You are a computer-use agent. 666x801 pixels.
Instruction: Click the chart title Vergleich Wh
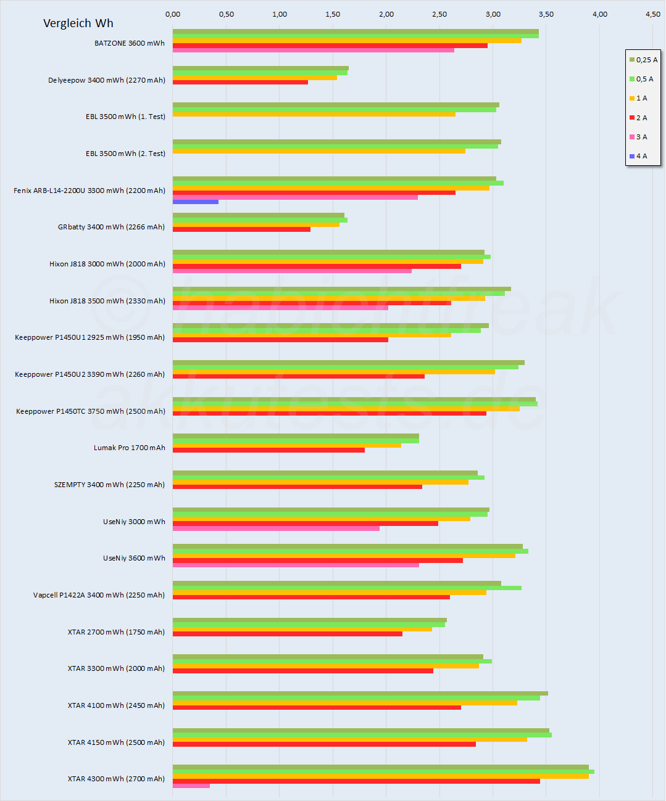pos(78,23)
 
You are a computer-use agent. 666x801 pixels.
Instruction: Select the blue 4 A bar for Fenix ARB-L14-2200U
pos(195,202)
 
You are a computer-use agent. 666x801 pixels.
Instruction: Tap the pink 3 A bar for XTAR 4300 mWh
pos(191,786)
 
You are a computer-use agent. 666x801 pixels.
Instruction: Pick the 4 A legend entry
pos(638,156)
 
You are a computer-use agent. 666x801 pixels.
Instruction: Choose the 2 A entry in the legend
pos(638,118)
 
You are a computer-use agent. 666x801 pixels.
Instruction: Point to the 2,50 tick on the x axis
pos(439,14)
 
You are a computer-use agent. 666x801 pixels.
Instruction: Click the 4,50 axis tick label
pos(652,14)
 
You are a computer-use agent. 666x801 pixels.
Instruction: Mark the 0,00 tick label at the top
pos(173,14)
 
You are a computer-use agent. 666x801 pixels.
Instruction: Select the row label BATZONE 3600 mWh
pos(130,43)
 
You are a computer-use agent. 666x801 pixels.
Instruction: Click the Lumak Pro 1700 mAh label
pos(130,448)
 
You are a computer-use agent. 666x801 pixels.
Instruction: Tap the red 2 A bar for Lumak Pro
pos(268,450)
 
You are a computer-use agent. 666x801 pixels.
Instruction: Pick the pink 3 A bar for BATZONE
pos(313,50)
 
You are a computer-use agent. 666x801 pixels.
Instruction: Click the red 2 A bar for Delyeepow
pos(240,82)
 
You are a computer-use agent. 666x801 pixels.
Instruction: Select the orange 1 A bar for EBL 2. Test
pos(318,151)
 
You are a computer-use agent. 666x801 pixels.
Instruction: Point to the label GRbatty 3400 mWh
pos(111,227)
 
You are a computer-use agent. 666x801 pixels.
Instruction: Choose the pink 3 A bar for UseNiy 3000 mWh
pos(276,528)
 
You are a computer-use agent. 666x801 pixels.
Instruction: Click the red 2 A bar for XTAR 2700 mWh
pos(287,634)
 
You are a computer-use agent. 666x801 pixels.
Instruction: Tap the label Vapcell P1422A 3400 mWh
pos(99,595)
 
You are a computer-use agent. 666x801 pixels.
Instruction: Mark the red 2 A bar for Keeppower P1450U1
pos(280,340)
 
